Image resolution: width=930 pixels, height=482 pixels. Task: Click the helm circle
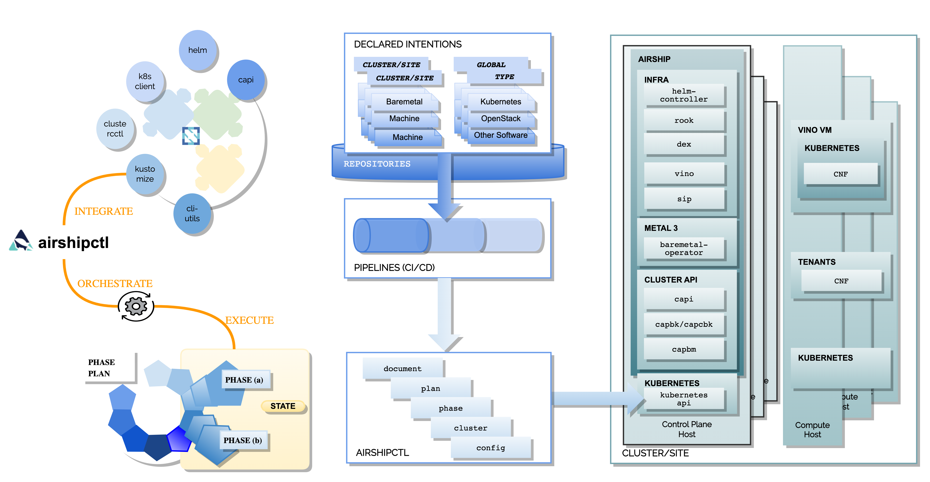click(197, 50)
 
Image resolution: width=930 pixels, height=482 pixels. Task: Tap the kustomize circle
click(145, 174)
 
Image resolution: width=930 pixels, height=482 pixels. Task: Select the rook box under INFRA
click(684, 120)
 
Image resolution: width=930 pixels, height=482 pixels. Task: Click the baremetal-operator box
click(684, 249)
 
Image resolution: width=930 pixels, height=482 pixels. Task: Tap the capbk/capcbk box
click(684, 324)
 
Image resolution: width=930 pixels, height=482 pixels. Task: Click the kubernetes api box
click(684, 399)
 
